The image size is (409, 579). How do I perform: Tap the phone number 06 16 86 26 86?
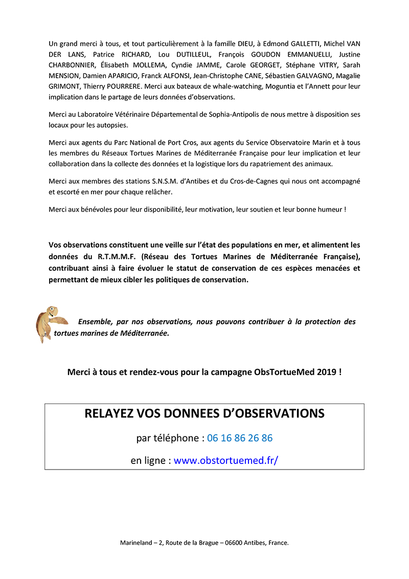tap(240, 438)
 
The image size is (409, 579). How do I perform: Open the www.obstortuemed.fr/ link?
tap(226, 460)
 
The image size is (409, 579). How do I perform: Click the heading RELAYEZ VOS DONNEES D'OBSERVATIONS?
tap(204, 413)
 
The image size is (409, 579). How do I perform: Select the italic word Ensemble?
tap(95, 322)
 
